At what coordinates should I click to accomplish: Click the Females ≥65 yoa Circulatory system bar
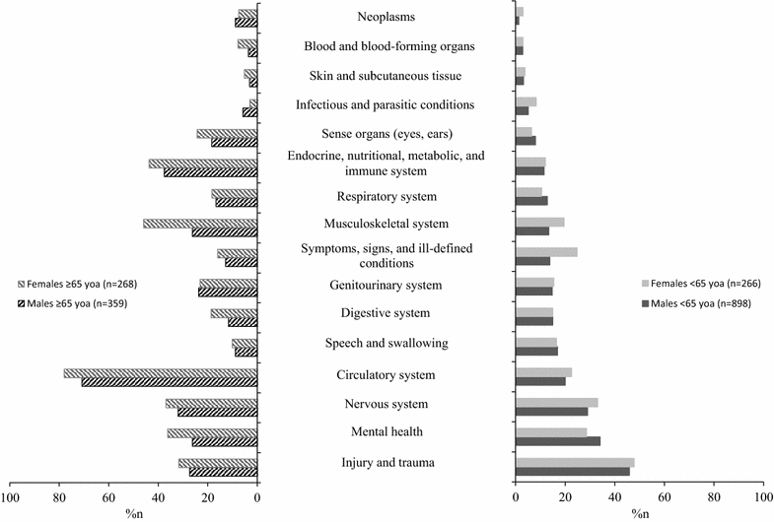click(161, 373)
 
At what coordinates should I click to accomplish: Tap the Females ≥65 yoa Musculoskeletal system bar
click(200, 224)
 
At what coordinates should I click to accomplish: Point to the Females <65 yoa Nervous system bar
click(557, 402)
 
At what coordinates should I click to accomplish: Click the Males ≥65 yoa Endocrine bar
click(211, 172)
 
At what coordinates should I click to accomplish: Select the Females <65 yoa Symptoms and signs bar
click(546, 252)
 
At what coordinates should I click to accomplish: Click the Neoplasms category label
click(387, 17)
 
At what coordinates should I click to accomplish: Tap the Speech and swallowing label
click(387, 344)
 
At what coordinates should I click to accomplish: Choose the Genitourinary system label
click(387, 286)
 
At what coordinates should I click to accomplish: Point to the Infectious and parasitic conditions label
click(386, 104)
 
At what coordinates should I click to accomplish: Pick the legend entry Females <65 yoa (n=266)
click(701, 286)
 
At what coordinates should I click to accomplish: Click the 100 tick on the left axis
click(11, 498)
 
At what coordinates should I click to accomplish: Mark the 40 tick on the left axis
click(159, 498)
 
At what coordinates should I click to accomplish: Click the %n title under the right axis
click(639, 513)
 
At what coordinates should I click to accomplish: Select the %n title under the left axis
click(134, 513)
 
